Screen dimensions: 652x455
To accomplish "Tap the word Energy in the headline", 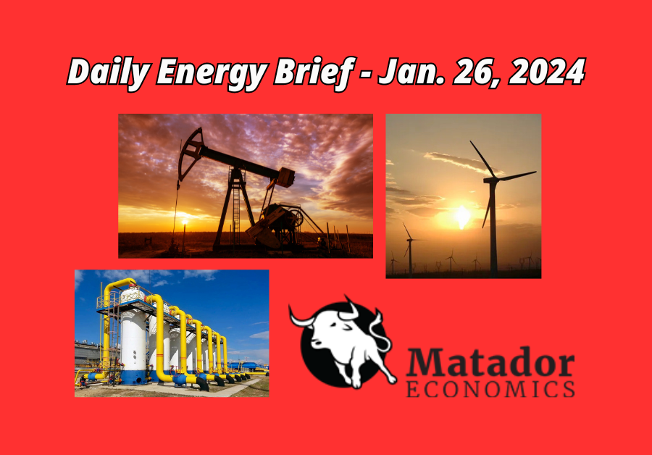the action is (x=212, y=74).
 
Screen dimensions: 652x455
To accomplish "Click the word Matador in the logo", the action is (x=490, y=363).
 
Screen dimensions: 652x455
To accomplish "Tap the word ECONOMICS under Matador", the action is (x=490, y=390).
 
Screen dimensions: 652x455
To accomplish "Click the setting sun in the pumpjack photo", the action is (x=185, y=222).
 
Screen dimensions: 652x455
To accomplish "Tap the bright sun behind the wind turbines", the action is (x=462, y=217).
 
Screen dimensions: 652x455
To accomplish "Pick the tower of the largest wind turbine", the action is (x=493, y=229).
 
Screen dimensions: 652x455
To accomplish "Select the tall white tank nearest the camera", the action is (x=133, y=337).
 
